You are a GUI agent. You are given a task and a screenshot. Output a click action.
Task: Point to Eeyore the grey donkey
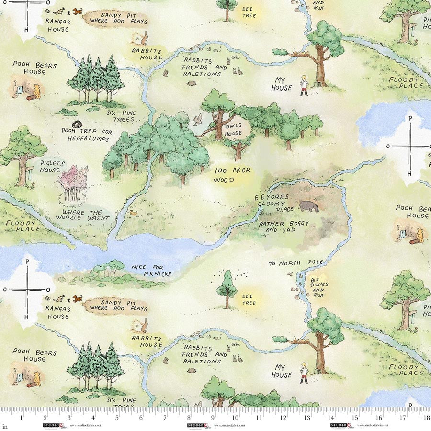click(310, 206)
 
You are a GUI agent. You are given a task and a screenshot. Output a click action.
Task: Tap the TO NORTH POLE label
click(296, 263)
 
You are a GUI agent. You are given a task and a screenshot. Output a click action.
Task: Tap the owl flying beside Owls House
click(197, 120)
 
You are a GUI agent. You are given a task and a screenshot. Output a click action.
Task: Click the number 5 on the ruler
click(117, 418)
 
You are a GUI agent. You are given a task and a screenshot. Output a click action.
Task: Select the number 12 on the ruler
click(283, 418)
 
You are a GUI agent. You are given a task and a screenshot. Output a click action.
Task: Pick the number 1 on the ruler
click(22, 418)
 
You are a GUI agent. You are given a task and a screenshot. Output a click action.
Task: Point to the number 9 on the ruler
click(213, 418)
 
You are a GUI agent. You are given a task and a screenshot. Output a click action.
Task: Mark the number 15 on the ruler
click(354, 418)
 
